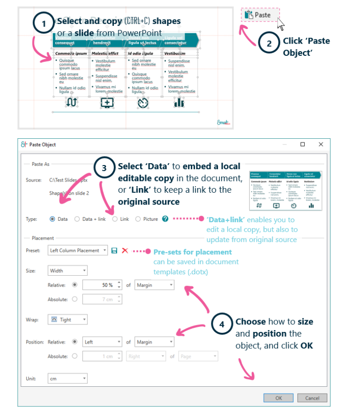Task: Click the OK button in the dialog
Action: [x=278, y=398]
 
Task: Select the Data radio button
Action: [x=52, y=219]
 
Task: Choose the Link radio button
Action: [x=115, y=219]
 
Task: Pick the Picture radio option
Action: [x=138, y=219]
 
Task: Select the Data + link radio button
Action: [x=77, y=219]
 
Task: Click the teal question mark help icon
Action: [x=165, y=218]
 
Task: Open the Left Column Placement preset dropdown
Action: [x=78, y=250]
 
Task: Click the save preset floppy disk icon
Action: [x=114, y=250]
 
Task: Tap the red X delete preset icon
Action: [x=125, y=250]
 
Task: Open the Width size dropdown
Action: [x=68, y=271]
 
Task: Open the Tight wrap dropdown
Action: [x=68, y=320]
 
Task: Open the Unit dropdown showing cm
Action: [x=68, y=378]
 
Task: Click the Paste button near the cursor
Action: [x=260, y=15]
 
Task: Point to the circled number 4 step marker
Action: [x=222, y=323]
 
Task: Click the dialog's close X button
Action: [x=321, y=144]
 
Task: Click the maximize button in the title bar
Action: [x=303, y=144]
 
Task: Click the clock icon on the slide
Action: [x=142, y=102]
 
